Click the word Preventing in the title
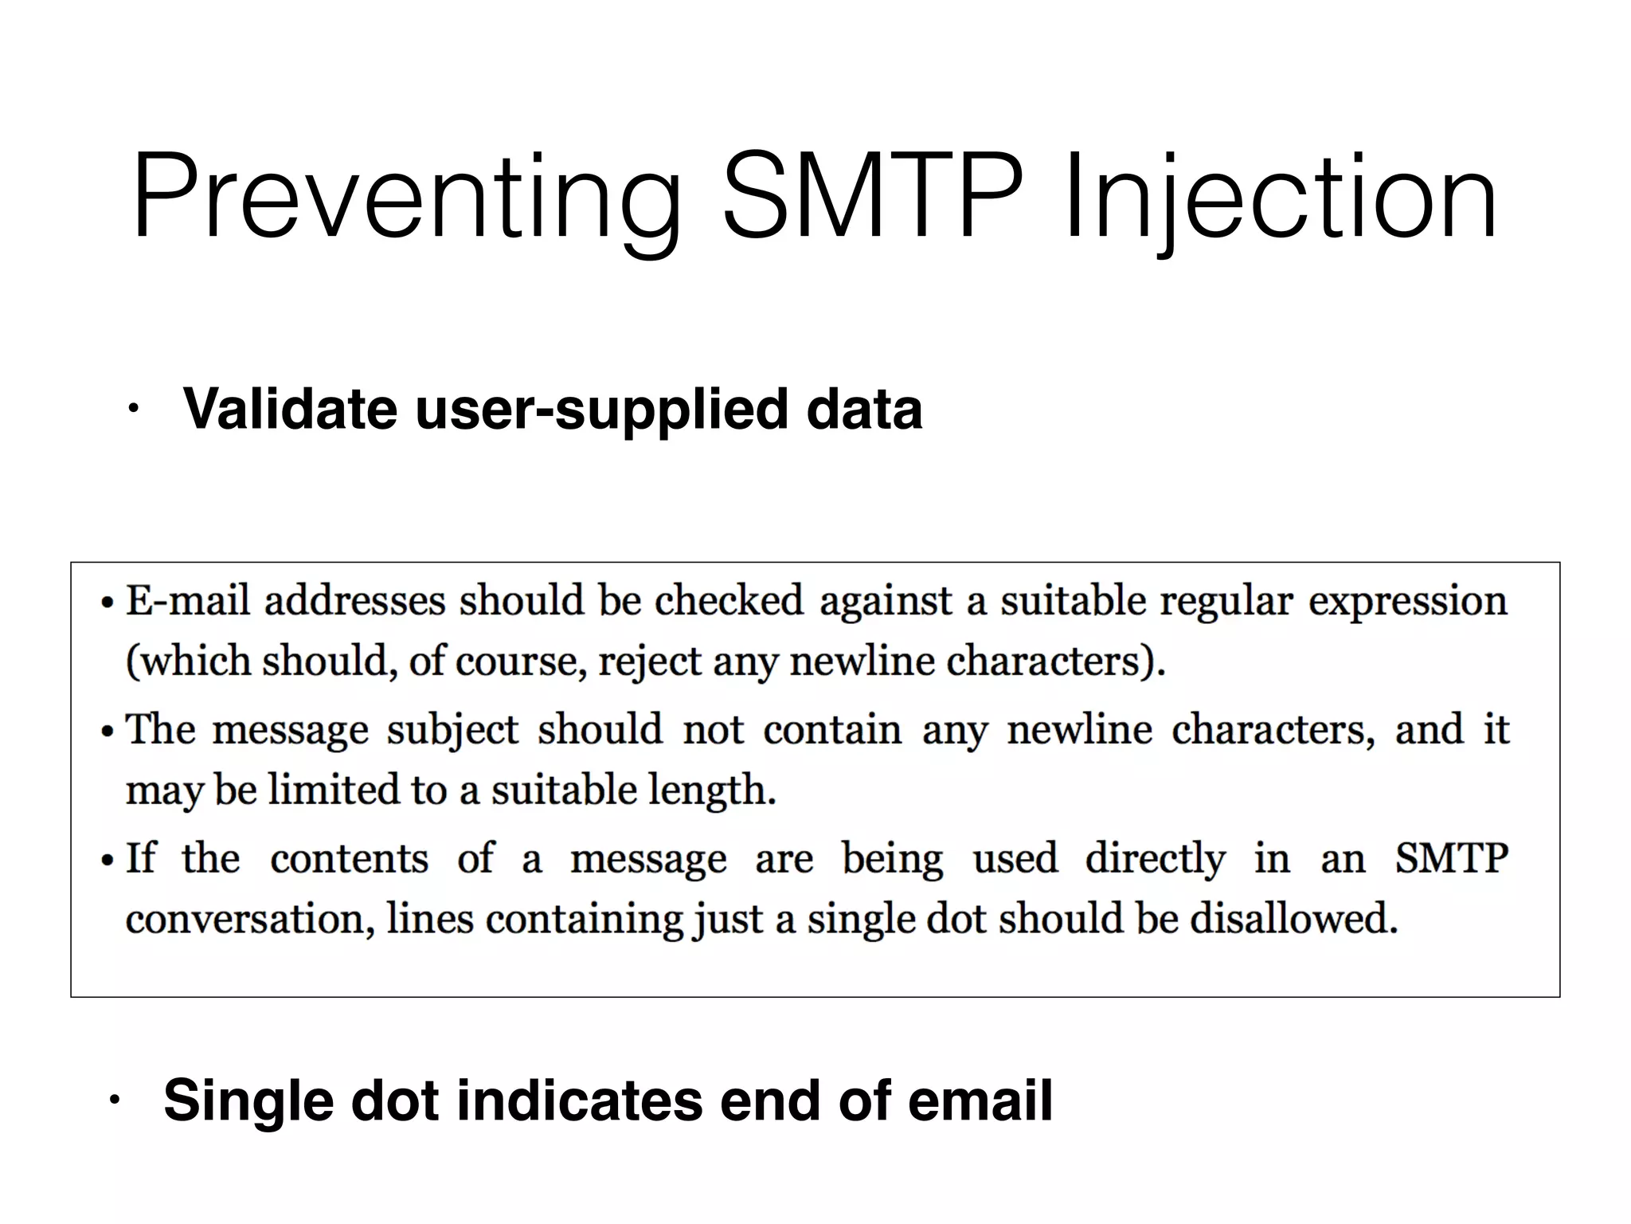(406, 198)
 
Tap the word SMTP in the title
(871, 198)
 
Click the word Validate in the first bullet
(290, 409)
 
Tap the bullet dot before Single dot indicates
(114, 1101)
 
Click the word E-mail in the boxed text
(188, 600)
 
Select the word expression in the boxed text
(1408, 602)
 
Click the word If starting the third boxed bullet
(141, 858)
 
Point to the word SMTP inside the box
(1451, 858)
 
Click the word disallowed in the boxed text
(1293, 919)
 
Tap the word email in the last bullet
(980, 1100)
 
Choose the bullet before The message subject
(108, 732)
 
